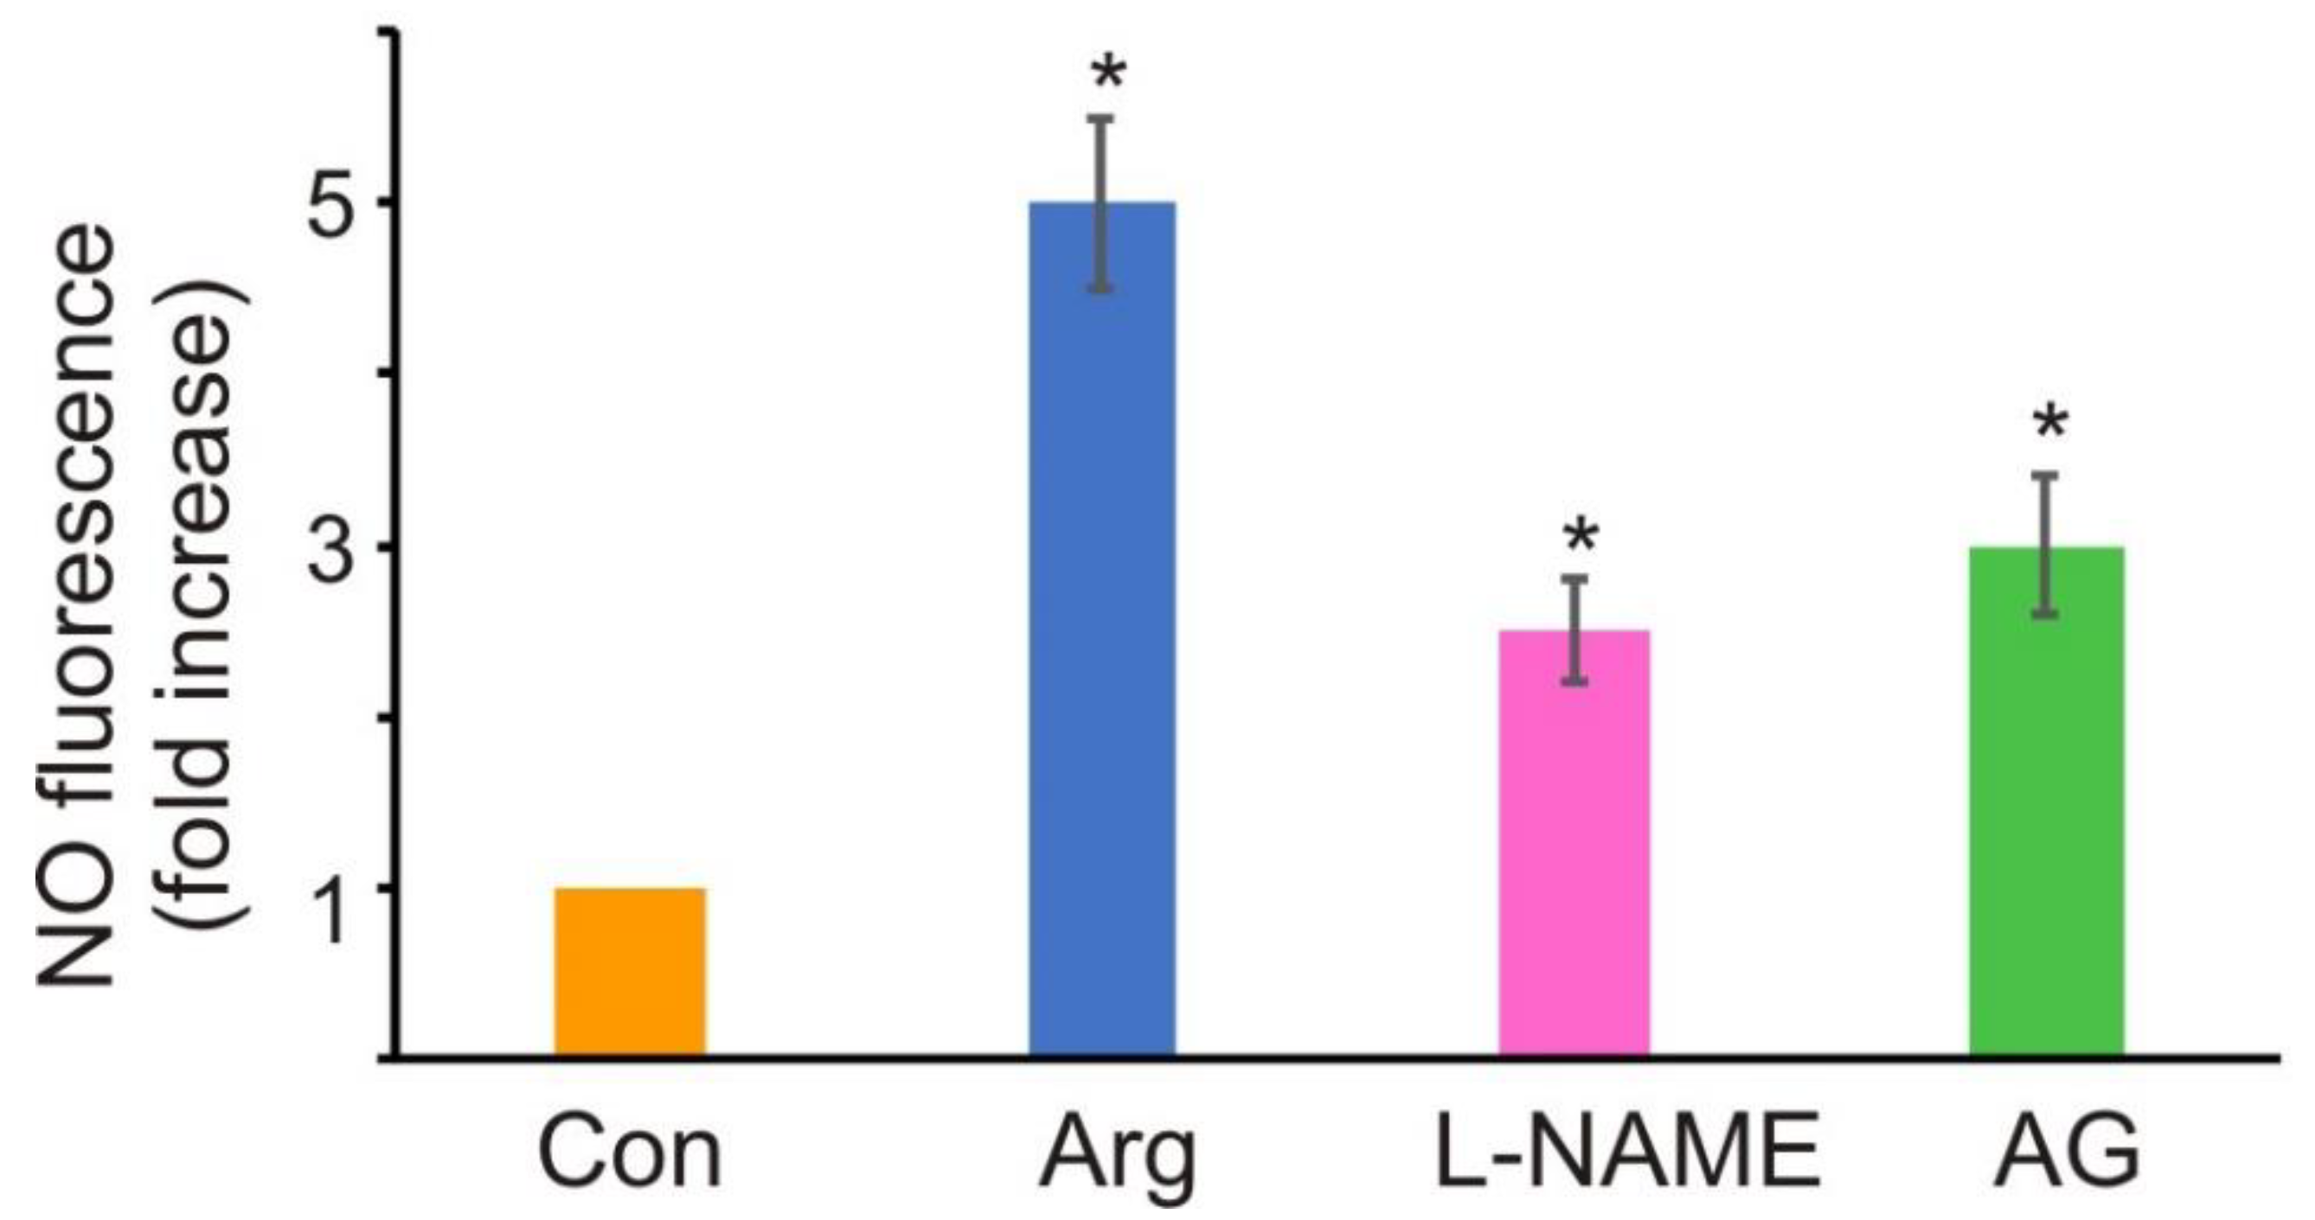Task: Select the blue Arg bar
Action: (x=1102, y=629)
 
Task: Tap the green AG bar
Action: (x=2046, y=802)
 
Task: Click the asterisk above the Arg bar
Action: (x=1108, y=76)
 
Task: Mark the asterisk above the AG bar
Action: (x=2052, y=425)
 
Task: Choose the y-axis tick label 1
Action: (x=337, y=890)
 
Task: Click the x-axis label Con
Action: (x=630, y=1153)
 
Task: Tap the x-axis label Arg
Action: (x=1117, y=1153)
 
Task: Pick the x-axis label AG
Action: (x=2067, y=1153)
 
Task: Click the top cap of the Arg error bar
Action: (x=1102, y=118)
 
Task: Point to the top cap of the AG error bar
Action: (x=2046, y=475)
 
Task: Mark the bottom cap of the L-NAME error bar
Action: (x=1574, y=682)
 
